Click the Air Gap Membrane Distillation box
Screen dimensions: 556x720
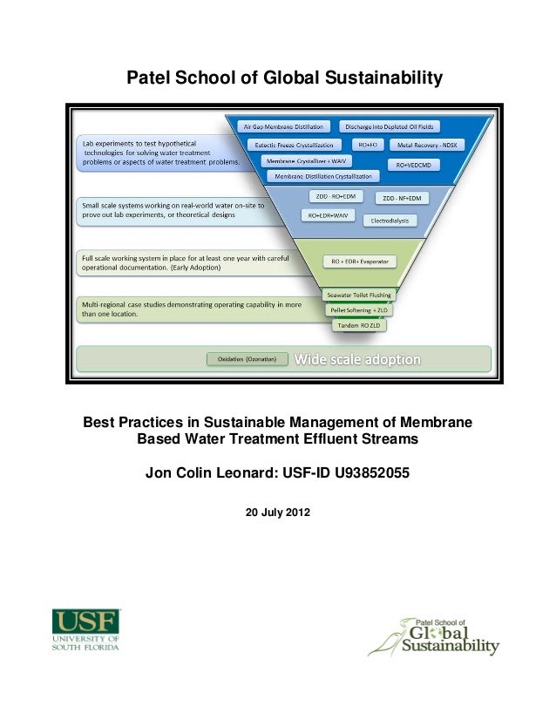pyautogui.click(x=286, y=126)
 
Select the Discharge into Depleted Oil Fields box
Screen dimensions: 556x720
pyautogui.click(x=387, y=126)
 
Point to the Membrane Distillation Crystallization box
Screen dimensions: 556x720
pyautogui.click(x=322, y=177)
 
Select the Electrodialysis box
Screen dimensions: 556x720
pyautogui.click(x=389, y=221)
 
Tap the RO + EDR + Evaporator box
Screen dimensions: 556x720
pyautogui.click(x=359, y=262)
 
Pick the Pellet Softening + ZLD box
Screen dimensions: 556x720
pyautogui.click(x=356, y=309)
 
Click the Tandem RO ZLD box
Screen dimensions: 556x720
pyautogui.click(x=358, y=324)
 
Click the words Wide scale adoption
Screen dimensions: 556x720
pyautogui.click(x=357, y=359)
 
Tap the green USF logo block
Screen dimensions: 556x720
pyautogui.click(x=86, y=622)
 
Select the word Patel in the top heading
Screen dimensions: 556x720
pyautogui.click(x=148, y=79)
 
